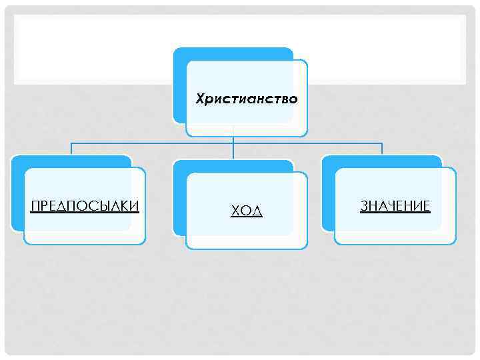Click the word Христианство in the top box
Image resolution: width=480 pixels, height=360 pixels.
pos(246,99)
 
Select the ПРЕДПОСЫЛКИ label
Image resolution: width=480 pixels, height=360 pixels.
pos(85,205)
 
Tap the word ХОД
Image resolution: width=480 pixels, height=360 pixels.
pos(246,211)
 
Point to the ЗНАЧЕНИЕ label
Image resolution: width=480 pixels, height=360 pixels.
pos(395,205)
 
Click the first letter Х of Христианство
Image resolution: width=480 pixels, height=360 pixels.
pos(199,99)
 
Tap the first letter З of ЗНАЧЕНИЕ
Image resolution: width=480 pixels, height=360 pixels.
pos(364,205)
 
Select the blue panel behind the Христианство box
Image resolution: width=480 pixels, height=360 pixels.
pos(179,87)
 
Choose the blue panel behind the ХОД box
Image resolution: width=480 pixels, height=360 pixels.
pos(179,200)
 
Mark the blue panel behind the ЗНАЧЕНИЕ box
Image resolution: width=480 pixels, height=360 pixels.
pos(327,200)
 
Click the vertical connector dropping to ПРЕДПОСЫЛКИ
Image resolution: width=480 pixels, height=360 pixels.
pos(71,148)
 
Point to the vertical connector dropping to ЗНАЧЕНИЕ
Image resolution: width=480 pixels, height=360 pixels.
pos(382,148)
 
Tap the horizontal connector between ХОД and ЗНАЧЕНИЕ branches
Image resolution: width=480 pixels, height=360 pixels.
pos(307,143)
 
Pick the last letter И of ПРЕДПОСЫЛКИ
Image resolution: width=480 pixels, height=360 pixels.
pos(135,205)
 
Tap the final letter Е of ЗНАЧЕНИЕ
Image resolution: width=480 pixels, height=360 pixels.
pos(427,205)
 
